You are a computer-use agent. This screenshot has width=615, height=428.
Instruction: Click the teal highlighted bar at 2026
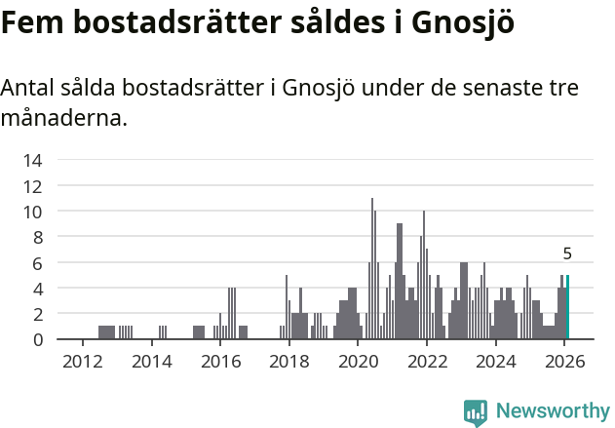pos(567,307)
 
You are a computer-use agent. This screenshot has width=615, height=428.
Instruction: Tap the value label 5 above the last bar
pos(567,253)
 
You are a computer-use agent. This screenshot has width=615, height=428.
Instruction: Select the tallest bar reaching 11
pos(372,269)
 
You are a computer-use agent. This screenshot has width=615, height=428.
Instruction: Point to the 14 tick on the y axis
pos(33,160)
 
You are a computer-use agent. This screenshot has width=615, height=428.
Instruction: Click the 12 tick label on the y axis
pos(33,185)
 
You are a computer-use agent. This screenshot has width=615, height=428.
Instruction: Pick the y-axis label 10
pos(33,212)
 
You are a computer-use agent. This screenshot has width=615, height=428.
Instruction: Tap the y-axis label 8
pos(37,237)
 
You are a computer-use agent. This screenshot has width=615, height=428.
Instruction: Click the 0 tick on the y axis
pos(37,339)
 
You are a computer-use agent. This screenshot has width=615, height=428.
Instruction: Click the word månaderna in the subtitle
pos(62,119)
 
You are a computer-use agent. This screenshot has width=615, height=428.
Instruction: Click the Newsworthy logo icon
pos(476,412)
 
